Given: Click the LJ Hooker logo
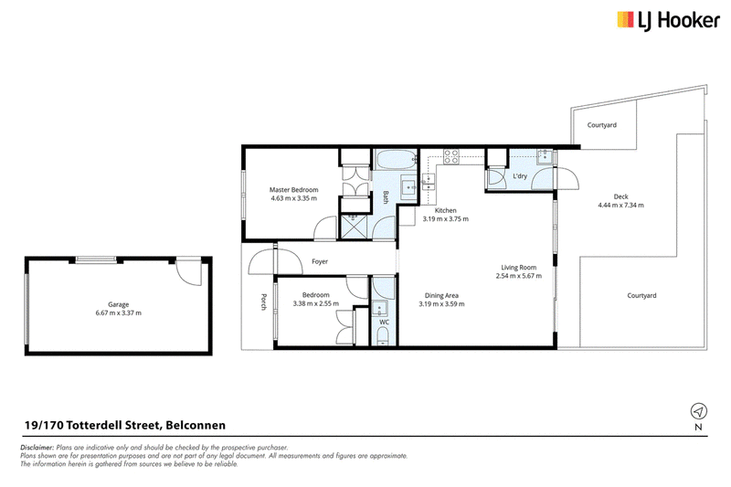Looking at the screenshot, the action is [x=668, y=20].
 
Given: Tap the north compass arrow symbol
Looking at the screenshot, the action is [x=698, y=411].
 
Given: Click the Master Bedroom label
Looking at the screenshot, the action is [x=293, y=190].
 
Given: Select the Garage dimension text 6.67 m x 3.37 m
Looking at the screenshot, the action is [x=119, y=312].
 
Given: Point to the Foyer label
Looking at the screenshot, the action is [x=320, y=261].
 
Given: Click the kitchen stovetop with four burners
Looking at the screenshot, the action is [x=450, y=156].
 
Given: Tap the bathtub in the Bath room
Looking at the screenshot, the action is [x=396, y=160].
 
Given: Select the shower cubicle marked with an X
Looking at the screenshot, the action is [x=354, y=227].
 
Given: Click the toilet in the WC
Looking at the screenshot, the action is [x=383, y=336].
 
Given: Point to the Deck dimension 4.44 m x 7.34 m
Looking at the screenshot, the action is [x=621, y=205].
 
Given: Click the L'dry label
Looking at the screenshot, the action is [x=520, y=176].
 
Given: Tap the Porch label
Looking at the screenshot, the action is [x=263, y=302].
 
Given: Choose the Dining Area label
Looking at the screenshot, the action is [x=441, y=295].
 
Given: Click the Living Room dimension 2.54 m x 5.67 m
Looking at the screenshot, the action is [x=519, y=276].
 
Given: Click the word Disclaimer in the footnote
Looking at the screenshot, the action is [x=37, y=448].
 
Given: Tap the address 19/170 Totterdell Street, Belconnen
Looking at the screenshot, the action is [x=125, y=425].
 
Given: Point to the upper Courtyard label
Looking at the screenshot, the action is [x=602, y=125].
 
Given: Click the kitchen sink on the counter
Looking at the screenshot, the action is [x=429, y=182].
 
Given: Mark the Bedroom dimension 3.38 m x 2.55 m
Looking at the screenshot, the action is [x=316, y=303].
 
